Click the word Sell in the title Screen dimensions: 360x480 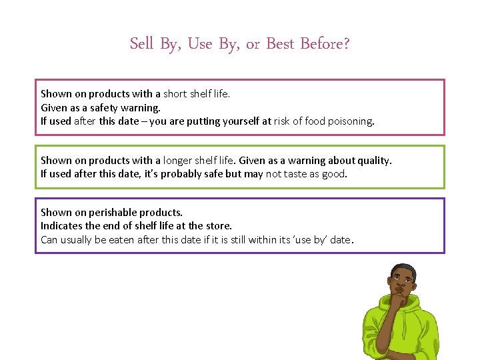(x=141, y=44)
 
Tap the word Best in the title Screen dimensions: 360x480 (x=281, y=44)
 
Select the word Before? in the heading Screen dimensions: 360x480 (x=325, y=44)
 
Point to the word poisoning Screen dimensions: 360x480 (x=351, y=121)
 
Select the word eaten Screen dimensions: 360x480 (x=121, y=240)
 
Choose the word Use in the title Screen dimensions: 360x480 (x=200, y=44)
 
